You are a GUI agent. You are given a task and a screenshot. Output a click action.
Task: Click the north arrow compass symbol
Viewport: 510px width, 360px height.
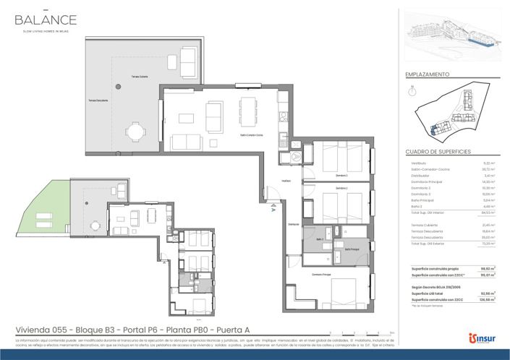[412, 91]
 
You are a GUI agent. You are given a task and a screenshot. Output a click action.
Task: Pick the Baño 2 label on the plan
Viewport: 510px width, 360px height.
[318, 238]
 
